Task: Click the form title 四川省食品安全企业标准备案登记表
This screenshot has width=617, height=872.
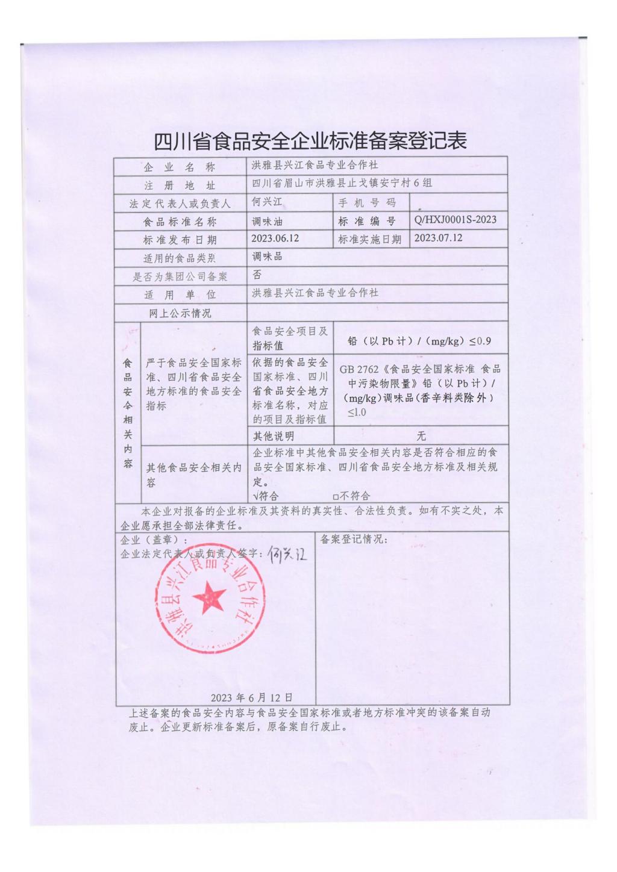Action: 310,141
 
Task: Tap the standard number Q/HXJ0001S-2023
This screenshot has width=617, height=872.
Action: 456,220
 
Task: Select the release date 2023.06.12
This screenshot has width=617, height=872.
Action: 275,238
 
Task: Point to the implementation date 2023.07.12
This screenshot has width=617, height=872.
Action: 438,238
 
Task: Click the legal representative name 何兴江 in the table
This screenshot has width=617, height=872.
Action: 267,202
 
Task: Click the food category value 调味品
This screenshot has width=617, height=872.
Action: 267,257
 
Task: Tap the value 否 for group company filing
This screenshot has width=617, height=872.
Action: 257,275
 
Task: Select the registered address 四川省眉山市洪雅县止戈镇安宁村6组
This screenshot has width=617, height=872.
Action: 342,183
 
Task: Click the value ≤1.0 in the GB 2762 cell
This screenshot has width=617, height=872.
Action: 356,413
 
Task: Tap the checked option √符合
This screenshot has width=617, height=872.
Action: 265,496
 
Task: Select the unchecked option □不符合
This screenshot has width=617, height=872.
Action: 351,496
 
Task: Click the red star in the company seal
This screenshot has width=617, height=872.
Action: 209,597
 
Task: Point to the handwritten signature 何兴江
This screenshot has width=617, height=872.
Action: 288,553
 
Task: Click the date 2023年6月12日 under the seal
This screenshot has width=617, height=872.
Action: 251,698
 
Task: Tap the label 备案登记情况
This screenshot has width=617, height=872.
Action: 354,540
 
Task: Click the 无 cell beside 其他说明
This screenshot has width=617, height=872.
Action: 421,436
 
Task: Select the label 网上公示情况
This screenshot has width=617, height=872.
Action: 180,313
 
